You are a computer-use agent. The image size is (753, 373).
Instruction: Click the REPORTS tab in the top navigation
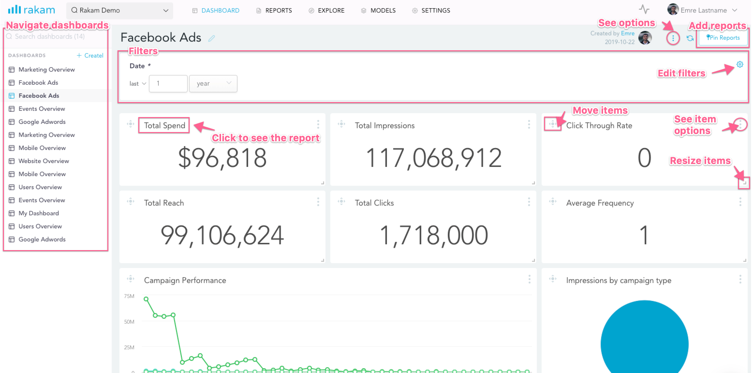(278, 11)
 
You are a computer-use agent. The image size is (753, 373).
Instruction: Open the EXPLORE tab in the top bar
(331, 11)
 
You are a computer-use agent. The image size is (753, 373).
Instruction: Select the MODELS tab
(383, 11)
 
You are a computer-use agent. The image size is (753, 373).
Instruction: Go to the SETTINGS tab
(435, 11)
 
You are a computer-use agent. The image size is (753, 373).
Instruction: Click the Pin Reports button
(723, 38)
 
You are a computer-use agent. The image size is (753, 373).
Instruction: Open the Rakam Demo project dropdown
(120, 11)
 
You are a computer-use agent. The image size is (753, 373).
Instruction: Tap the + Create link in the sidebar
(90, 56)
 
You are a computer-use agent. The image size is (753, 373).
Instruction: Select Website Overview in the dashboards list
(44, 161)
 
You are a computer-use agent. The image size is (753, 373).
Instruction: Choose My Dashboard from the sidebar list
(39, 213)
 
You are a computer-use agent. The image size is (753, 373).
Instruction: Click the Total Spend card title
(164, 126)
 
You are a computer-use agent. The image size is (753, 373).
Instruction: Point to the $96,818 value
(222, 158)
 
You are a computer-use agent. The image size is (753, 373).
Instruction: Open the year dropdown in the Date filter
(213, 84)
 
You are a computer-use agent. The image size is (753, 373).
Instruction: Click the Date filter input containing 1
(168, 84)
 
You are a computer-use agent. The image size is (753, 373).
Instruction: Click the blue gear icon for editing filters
(739, 64)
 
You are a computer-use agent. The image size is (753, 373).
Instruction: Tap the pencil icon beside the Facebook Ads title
(211, 38)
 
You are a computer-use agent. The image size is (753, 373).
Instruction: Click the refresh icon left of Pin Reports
(690, 38)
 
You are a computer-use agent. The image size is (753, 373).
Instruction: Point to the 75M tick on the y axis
(129, 296)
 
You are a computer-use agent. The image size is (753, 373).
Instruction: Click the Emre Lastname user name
(704, 10)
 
